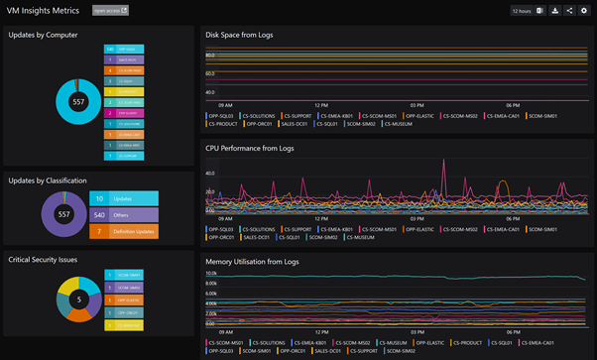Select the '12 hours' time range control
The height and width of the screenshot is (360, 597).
[522, 11]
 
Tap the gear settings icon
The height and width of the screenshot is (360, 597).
[584, 11]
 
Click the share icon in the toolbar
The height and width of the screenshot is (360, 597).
[569, 11]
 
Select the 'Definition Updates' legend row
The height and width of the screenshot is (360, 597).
[125, 232]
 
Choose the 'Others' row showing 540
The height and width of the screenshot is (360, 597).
[125, 215]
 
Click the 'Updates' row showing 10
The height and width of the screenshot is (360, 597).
[125, 199]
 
